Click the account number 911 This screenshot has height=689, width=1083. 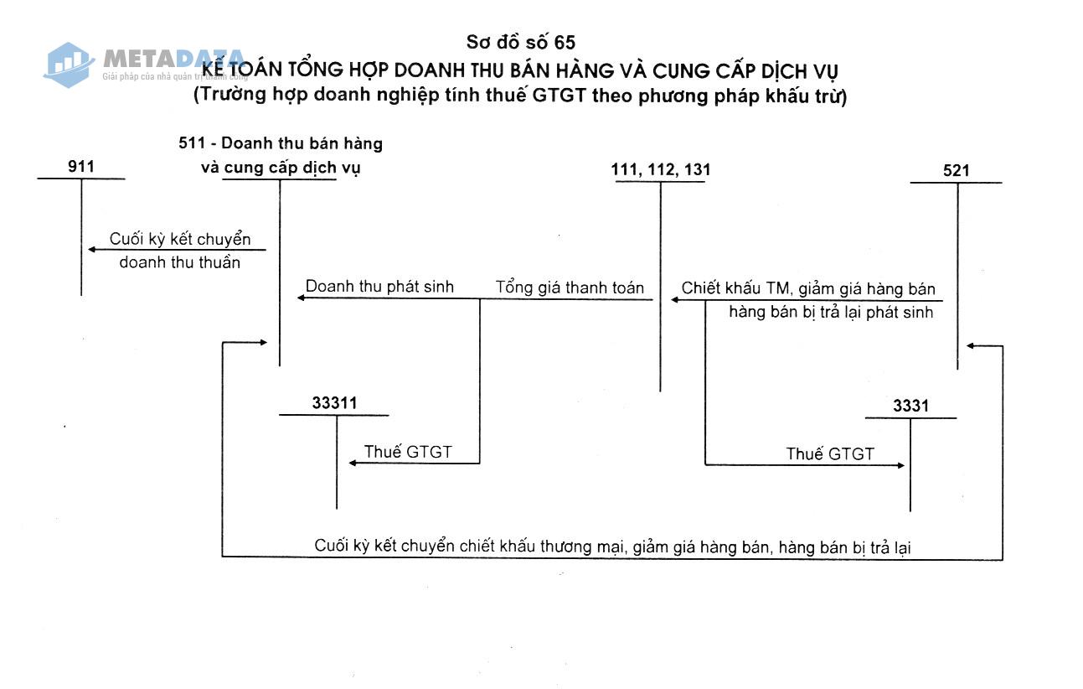(x=81, y=167)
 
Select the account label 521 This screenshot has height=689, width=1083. (x=956, y=171)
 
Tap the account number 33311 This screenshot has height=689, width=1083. (x=334, y=403)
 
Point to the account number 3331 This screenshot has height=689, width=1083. (x=910, y=407)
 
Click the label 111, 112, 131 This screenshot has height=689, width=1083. (x=661, y=170)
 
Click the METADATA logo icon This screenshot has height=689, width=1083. (x=69, y=64)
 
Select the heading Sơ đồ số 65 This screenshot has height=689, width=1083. (x=521, y=42)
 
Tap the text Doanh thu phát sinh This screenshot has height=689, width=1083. (x=379, y=287)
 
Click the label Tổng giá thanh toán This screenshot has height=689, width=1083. (x=570, y=288)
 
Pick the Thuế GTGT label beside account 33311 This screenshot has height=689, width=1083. (x=408, y=453)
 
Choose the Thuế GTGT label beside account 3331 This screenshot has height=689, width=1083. (x=829, y=454)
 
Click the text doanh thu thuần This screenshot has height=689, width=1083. (x=180, y=262)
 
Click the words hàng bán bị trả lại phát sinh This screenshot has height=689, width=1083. (x=831, y=313)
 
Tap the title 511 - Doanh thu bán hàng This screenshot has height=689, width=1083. (x=281, y=143)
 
